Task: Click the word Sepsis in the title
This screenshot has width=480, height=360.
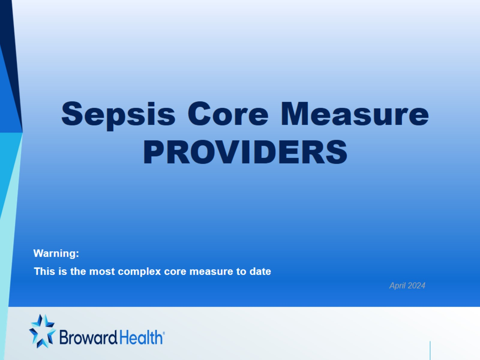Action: point(118,115)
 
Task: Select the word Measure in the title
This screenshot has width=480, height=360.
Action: point(355,114)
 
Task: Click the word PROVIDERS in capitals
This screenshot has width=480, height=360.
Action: point(245,152)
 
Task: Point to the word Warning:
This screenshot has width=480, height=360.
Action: point(56,253)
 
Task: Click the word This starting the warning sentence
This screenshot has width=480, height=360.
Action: point(45,271)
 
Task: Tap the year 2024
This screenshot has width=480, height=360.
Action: point(416,286)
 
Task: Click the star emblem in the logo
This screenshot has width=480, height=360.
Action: point(42,331)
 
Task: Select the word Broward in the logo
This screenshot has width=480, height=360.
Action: point(88,337)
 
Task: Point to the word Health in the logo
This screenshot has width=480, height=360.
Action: point(141,337)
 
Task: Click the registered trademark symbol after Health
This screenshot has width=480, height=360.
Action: point(164,332)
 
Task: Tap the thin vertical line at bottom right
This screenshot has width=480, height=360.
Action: point(430,350)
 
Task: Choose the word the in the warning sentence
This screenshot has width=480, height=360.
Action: point(78,271)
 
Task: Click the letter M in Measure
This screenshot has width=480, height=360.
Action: point(295,114)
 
